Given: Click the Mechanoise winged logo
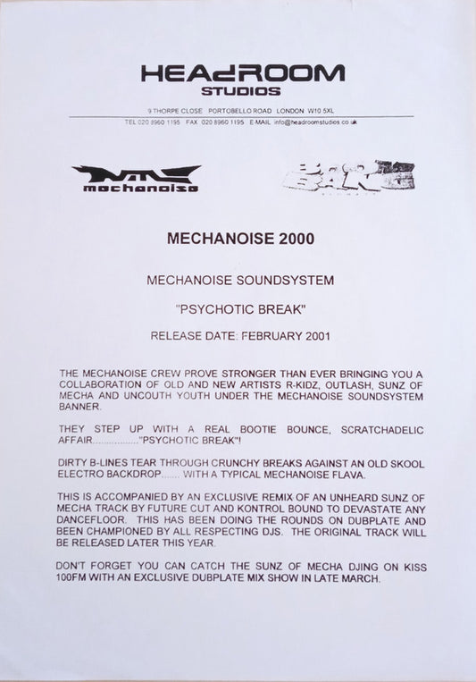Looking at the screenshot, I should point(136,178).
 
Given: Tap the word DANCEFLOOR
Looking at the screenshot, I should point(99,521).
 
